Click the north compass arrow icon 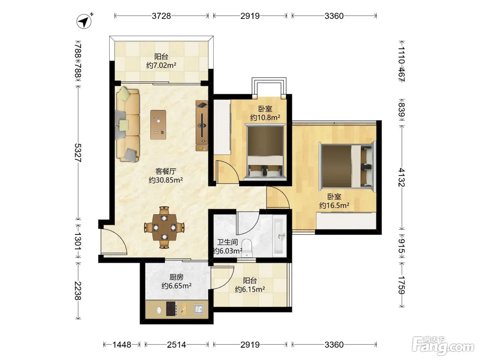[x=84, y=21]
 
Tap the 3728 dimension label [x=161, y=16]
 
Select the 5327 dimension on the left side [x=78, y=153]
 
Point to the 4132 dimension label [x=401, y=177]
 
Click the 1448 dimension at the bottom [x=122, y=345]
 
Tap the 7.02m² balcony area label [x=161, y=65]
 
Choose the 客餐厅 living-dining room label [x=166, y=171]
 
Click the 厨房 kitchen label [x=177, y=277]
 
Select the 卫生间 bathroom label [x=227, y=242]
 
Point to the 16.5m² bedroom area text [x=334, y=205]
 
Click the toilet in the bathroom [x=247, y=248]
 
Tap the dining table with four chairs [x=164, y=227]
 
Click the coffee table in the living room [x=158, y=124]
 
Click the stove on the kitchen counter [x=171, y=309]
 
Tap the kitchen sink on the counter [x=199, y=309]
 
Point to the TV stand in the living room [x=202, y=126]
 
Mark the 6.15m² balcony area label [x=250, y=289]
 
